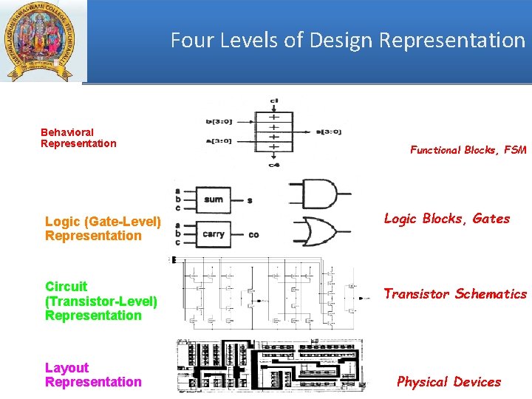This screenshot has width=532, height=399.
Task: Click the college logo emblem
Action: point(43,41)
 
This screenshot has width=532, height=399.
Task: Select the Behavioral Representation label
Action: point(78,138)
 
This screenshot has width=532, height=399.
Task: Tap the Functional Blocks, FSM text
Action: point(468,150)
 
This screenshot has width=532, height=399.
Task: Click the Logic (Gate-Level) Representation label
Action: point(103,228)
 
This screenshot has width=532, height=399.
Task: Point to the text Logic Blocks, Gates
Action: point(446,219)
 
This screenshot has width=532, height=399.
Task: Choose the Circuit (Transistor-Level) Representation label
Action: point(101,301)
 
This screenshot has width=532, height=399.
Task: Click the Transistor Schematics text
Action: point(454,294)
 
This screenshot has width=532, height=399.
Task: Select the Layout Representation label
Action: point(93,375)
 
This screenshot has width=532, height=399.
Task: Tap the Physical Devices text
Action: point(449,382)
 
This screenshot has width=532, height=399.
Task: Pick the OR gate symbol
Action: point(319,231)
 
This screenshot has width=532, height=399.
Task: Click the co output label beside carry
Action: point(253,235)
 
